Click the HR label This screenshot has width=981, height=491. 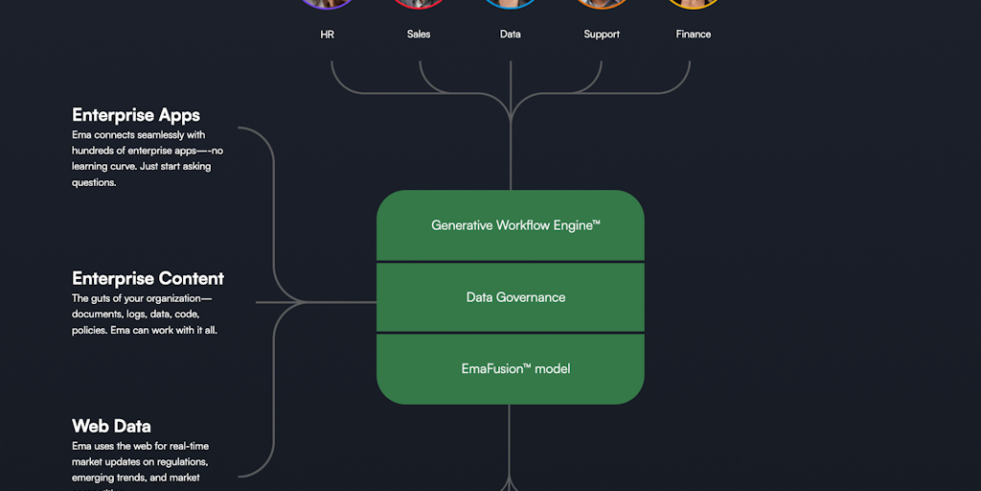click(x=328, y=35)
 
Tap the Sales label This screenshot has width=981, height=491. click(x=419, y=35)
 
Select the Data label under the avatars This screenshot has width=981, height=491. click(x=511, y=35)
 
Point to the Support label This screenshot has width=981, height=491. click(x=602, y=35)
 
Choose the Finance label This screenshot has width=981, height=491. click(x=694, y=35)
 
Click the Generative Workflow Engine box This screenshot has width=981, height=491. click(x=511, y=225)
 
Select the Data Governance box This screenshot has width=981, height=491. click(x=511, y=297)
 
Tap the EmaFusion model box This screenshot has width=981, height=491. click(x=511, y=368)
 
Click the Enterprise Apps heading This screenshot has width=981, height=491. click(x=136, y=116)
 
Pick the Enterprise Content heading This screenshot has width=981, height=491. click(x=148, y=279)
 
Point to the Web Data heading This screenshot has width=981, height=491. click(x=111, y=426)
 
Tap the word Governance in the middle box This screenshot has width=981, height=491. click(x=532, y=297)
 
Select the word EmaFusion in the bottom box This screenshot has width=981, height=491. click(x=495, y=368)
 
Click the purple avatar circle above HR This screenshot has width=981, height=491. click(x=328, y=3)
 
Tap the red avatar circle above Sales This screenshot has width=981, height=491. click(x=419, y=3)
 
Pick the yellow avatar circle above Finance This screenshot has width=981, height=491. click(x=694, y=3)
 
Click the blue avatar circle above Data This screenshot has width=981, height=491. click(x=511, y=3)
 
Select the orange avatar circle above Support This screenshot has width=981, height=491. click(x=602, y=3)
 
